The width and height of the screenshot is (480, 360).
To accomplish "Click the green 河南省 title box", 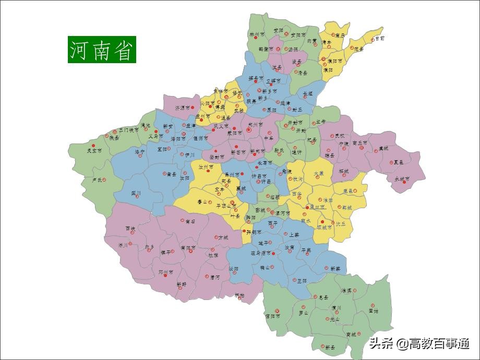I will (102, 50).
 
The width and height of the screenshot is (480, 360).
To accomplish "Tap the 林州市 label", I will (257, 34).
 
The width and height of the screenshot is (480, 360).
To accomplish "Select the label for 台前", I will (380, 38).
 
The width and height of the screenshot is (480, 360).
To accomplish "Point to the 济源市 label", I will (184, 108).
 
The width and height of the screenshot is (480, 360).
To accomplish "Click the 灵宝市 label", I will (94, 150).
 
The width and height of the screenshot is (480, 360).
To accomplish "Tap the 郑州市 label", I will (256, 125).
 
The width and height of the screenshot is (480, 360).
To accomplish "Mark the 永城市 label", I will (402, 178).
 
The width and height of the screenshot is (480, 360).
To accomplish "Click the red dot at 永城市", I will (404, 183).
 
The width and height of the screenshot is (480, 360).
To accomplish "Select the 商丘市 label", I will (360, 142).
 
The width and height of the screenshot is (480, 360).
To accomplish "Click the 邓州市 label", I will (167, 272).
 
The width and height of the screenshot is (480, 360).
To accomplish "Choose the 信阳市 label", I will (272, 316).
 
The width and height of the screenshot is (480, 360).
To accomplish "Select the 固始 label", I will (373, 310).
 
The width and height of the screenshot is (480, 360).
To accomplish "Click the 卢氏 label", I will (97, 180).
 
